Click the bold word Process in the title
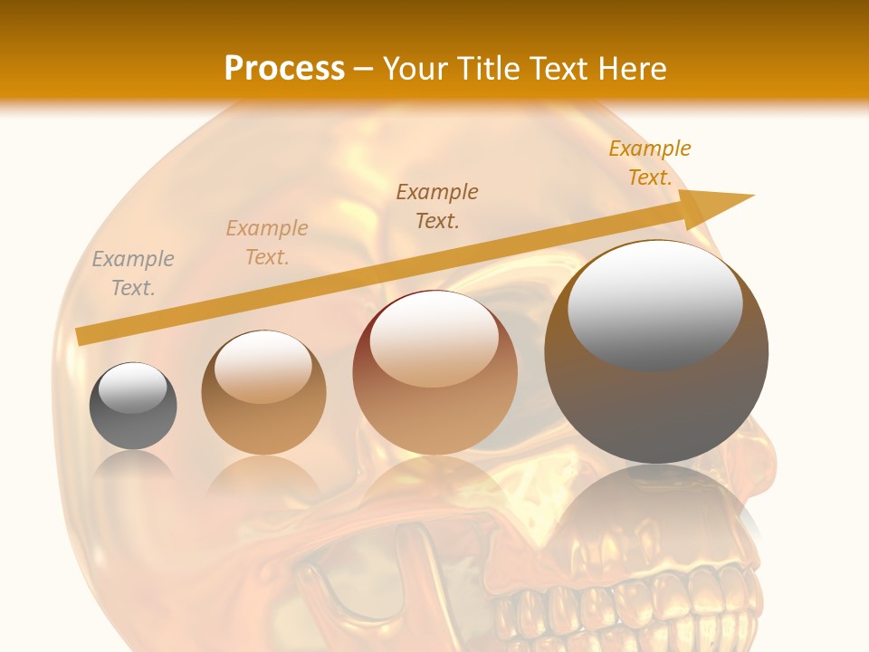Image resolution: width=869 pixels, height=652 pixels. click(x=284, y=68)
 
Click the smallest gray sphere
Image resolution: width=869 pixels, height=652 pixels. click(x=133, y=407)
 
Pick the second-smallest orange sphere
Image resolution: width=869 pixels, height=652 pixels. click(x=263, y=393)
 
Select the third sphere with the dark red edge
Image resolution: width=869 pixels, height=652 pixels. click(x=435, y=373)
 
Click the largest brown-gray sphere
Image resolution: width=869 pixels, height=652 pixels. click(x=656, y=352)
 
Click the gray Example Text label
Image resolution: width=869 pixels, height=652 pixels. click(x=133, y=273)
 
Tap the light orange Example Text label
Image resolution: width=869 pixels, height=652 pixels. click(x=267, y=243)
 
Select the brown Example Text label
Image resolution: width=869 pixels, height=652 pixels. click(x=437, y=206)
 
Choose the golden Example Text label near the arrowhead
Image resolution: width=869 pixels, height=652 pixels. click(x=649, y=163)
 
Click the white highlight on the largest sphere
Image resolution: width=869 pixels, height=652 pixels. click(x=654, y=303)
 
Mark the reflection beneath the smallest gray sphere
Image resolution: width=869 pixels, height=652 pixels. click(x=133, y=466)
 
